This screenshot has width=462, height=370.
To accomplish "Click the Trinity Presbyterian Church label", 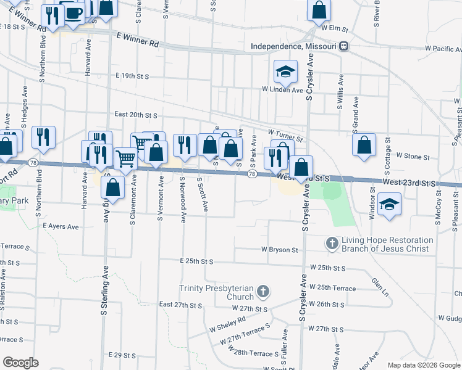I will pos(216,289).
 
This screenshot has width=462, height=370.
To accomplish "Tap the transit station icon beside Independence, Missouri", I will pos(344,47).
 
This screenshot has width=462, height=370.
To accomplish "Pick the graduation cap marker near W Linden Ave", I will pos(286,72).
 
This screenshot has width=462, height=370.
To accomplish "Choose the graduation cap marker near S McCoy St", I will pos(390,205).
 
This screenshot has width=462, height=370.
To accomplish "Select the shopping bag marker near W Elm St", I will pos(319,10).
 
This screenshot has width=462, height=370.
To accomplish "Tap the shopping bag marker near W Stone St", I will pos(365,145).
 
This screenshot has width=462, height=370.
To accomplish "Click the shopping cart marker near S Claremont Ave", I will pos(126,158).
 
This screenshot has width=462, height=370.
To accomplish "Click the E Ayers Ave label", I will pos(61,227).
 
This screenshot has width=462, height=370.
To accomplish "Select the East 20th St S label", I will pos(136,115).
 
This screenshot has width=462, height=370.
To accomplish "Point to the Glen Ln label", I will pos(379,285).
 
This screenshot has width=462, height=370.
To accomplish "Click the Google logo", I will pos(21,363).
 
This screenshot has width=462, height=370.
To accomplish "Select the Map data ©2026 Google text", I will pos(424,365).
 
